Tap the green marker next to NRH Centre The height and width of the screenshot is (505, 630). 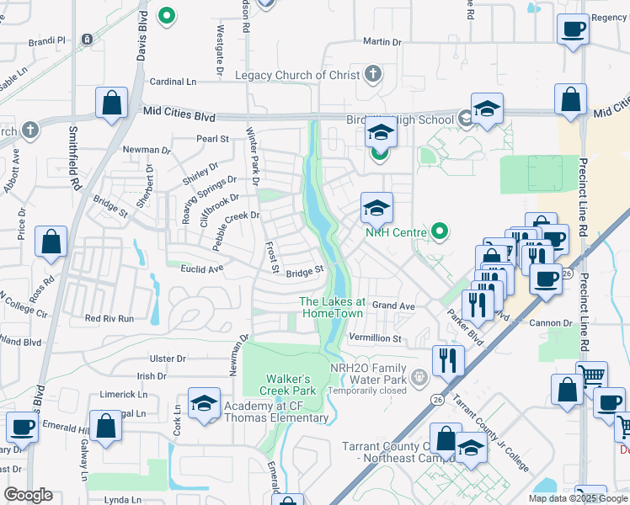[438, 230]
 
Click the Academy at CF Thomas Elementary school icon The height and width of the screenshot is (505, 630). [205, 404]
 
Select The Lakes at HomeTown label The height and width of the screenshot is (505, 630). [332, 307]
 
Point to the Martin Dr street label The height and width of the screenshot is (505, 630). [382, 41]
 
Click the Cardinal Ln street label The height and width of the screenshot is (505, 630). [173, 82]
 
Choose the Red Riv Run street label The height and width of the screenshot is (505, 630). [109, 319]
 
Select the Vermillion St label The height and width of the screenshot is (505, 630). [376, 338]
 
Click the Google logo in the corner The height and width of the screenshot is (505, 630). [28, 495]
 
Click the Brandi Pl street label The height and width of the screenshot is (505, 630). [46, 40]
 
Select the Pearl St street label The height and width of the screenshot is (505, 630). [212, 139]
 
